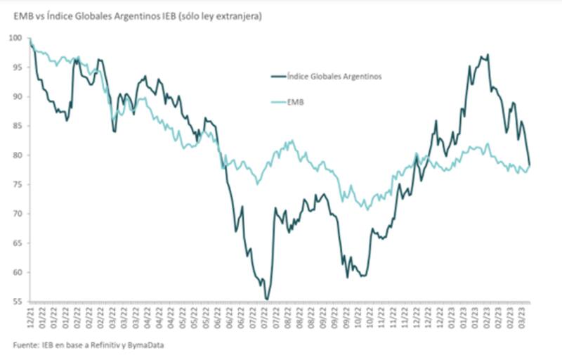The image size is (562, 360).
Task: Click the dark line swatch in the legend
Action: (x=280, y=77)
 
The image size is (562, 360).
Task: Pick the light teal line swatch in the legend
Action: (x=280, y=103)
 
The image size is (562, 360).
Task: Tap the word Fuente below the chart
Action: (x=25, y=345)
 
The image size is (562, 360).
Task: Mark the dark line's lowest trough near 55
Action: (x=268, y=300)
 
